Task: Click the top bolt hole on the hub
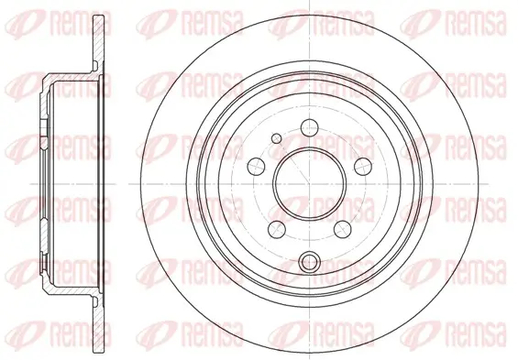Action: tap(310, 127)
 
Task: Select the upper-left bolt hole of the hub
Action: tap(256, 167)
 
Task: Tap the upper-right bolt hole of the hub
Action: tap(363, 167)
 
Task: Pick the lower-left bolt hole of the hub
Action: tap(277, 229)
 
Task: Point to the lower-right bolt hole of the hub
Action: tap(342, 229)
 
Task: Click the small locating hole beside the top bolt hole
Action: tap(276, 138)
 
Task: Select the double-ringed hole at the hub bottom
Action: tap(310, 261)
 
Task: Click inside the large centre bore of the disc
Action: tap(310, 184)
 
